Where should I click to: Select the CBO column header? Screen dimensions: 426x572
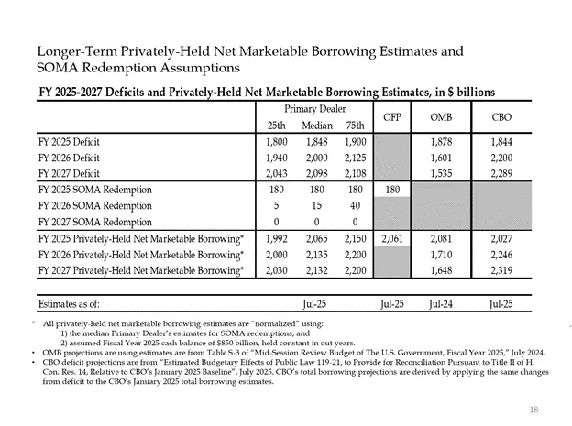click(501, 117)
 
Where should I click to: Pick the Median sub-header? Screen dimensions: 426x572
click(316, 126)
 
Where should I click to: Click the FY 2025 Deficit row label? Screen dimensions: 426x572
click(75, 142)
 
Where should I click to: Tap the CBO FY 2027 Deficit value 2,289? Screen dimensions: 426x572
click(501, 173)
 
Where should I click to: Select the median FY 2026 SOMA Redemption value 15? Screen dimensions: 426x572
click(316, 205)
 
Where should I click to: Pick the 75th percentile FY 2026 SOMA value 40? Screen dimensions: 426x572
click(353, 205)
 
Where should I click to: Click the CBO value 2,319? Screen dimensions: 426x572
click(501, 270)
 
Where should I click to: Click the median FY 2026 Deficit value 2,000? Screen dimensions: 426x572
click(316, 158)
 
